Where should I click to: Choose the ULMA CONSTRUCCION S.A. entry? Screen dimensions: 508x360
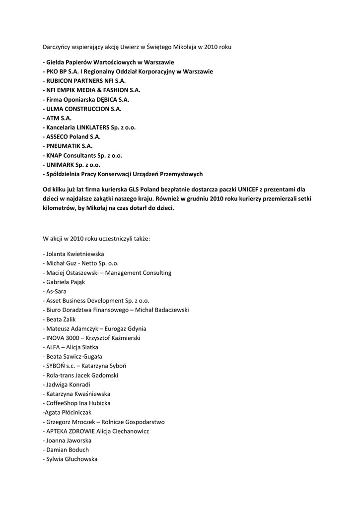82,109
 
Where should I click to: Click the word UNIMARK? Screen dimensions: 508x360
60,165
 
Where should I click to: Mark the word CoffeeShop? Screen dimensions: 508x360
62,403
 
